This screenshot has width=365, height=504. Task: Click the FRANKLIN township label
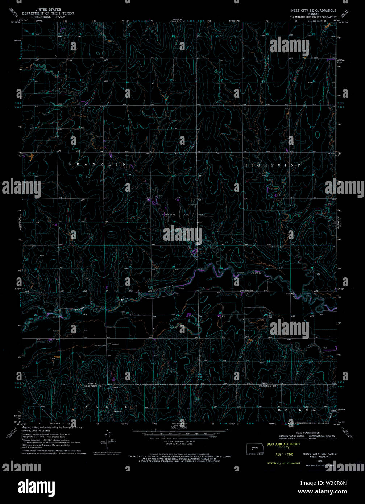point(98,164)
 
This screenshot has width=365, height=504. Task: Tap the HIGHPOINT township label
point(272,165)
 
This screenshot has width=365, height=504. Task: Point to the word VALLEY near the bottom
point(112,407)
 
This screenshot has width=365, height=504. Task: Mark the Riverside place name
point(249,290)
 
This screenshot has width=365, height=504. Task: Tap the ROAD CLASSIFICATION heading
point(308,433)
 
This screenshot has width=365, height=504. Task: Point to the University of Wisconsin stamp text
point(283,463)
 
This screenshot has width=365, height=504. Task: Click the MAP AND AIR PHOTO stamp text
point(283,444)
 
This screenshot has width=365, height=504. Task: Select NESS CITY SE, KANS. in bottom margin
point(320,454)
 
